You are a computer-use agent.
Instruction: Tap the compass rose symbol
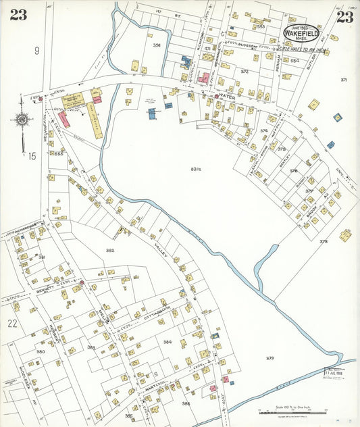[22, 120]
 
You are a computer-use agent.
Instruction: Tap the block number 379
[269, 357]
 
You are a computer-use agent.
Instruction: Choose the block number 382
[109, 249]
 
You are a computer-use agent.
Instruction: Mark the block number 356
[157, 45]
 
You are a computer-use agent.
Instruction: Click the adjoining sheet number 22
[12, 323]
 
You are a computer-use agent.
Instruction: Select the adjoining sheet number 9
[37, 50]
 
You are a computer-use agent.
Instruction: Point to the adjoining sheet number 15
[31, 156]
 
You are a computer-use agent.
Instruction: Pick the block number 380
[41, 351]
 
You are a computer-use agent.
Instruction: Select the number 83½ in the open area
[196, 168]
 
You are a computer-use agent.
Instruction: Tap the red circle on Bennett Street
[81, 282]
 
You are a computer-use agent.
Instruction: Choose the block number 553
[261, 26]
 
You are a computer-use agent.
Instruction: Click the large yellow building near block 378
[345, 235]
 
